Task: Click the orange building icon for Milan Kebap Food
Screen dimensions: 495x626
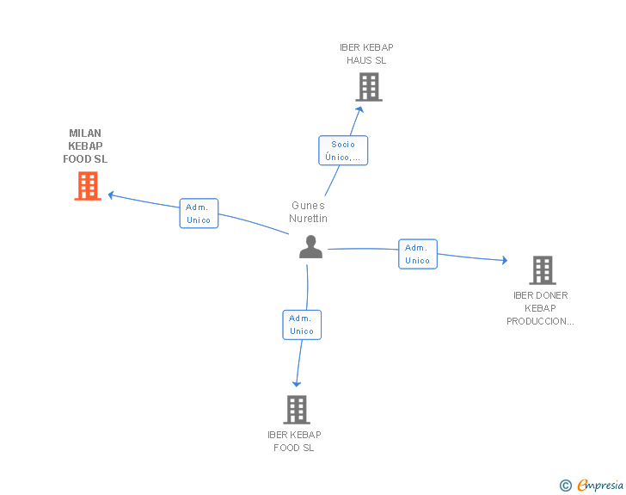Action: (88, 186)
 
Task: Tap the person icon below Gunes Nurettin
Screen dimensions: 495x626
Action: (310, 247)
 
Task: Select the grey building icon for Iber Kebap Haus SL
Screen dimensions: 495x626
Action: (369, 87)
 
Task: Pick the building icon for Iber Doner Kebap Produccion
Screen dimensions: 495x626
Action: (542, 270)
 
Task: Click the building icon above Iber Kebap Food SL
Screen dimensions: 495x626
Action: (296, 410)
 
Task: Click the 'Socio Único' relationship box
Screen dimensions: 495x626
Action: (343, 151)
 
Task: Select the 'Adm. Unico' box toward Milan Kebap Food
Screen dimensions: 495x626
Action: (199, 213)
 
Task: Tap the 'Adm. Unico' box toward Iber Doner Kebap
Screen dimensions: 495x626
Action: (418, 254)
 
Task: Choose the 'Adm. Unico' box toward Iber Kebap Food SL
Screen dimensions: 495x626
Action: (302, 325)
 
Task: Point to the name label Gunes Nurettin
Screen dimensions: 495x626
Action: (309, 212)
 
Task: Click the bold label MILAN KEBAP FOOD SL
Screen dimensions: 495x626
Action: (85, 146)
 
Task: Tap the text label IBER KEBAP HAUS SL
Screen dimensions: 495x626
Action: (366, 54)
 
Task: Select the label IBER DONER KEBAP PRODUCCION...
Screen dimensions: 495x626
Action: (540, 308)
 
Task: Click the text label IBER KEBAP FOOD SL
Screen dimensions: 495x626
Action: (294, 441)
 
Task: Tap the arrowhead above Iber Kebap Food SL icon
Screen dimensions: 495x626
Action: (297, 383)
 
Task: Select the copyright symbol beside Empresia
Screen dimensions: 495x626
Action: (565, 486)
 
